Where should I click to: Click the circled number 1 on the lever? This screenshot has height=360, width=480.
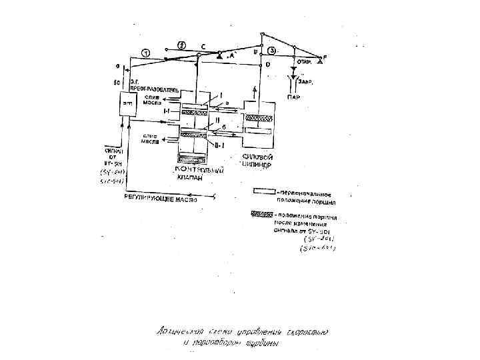pyautogui.click(x=147, y=53)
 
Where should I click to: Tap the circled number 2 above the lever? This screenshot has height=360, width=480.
pyautogui.click(x=182, y=45)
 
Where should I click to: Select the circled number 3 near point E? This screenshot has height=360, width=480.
pyautogui.click(x=271, y=51)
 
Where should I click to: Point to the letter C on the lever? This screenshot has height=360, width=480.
pyautogui.click(x=203, y=47)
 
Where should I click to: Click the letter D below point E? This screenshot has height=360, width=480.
pyautogui.click(x=267, y=65)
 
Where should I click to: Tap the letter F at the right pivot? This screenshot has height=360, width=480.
pyautogui.click(x=325, y=57)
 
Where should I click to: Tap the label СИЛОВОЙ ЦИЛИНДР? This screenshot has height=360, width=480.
pyautogui.click(x=259, y=160)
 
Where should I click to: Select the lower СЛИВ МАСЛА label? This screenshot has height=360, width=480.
pyautogui.click(x=149, y=138)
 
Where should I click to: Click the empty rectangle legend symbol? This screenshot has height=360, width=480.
pyautogui.click(x=264, y=191)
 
